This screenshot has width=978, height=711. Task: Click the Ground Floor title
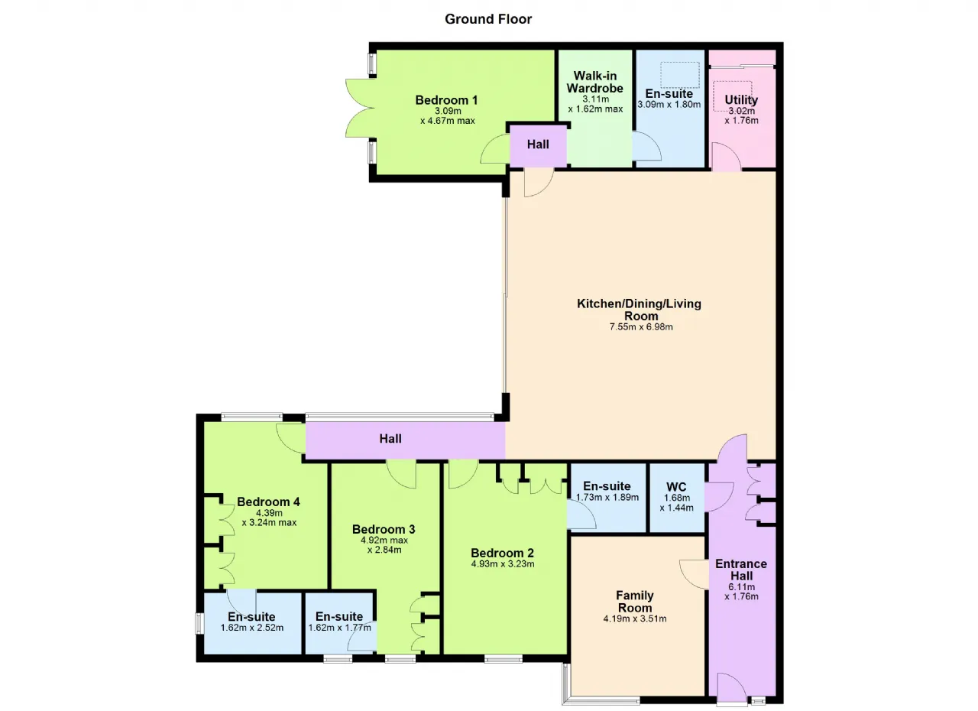point(488,19)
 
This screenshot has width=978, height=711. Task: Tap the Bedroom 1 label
point(446,100)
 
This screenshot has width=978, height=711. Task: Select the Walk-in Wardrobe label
point(594,82)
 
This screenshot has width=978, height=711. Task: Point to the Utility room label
point(741,99)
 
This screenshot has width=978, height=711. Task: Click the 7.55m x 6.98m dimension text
point(641,326)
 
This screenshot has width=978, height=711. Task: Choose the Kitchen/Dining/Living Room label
point(640,310)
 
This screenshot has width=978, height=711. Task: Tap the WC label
point(676,486)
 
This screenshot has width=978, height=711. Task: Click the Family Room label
point(635,602)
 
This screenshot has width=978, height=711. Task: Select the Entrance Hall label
point(741,570)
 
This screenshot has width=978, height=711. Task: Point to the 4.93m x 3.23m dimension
point(503,563)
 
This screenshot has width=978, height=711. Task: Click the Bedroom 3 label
point(384,529)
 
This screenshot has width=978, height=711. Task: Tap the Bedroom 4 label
point(268,502)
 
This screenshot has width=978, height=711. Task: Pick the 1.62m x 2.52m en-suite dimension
point(252,628)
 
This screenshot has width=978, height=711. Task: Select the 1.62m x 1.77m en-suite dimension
point(340,628)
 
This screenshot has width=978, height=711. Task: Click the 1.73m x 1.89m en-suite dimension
point(607,497)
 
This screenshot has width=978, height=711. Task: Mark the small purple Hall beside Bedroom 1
point(538,144)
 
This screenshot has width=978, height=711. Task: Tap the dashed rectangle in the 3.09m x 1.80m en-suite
point(680,75)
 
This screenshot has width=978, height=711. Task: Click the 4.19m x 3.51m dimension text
point(635,618)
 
